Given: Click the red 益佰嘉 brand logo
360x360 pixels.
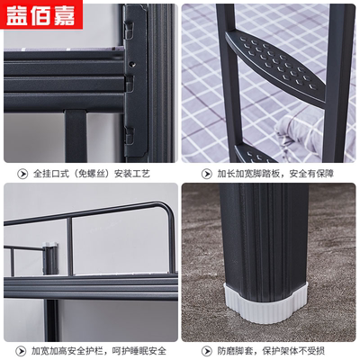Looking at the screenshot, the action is (41, 14).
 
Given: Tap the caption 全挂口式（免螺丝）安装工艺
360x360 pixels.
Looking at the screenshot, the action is (92, 174).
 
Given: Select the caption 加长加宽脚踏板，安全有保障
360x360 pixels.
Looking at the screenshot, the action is (275, 174).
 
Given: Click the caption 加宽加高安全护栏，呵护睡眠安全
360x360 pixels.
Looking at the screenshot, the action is (99, 351).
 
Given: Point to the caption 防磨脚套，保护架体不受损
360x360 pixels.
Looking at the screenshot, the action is (271, 351).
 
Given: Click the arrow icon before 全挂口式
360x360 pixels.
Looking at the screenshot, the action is (22, 174).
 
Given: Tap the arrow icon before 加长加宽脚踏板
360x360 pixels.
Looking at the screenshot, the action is (206, 174).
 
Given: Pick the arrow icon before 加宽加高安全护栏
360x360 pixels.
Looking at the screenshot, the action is (21, 351).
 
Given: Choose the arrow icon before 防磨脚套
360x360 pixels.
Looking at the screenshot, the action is (206, 351).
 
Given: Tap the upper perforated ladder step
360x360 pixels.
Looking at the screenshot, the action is (274, 67).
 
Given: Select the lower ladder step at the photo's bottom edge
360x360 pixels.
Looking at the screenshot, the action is (254, 155).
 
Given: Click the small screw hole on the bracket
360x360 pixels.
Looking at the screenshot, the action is (132, 64).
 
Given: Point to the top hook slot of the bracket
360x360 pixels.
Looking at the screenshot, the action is (129, 29).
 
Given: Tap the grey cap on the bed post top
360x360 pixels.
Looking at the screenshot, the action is (49, 245).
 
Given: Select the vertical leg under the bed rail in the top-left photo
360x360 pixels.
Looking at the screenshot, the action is (75, 137).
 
